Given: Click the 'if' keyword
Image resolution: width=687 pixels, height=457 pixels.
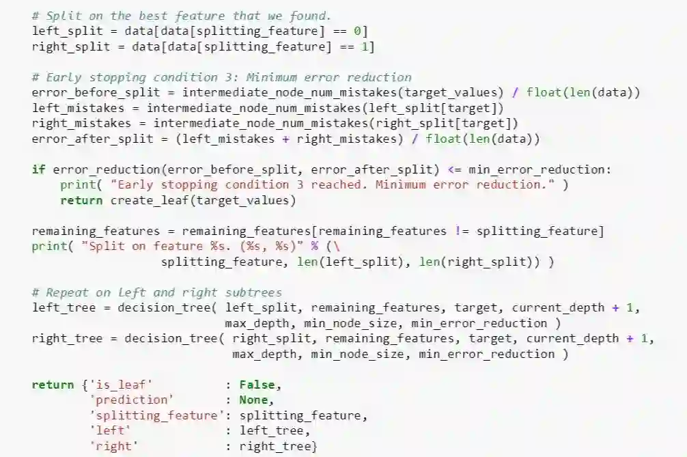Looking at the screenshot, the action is [x=38, y=169].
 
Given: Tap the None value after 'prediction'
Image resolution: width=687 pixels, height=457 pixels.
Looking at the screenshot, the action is [x=253, y=400].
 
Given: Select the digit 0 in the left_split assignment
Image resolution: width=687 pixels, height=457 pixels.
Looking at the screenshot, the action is [x=361, y=31].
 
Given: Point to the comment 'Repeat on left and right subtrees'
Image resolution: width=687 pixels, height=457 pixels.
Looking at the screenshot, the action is [x=156, y=292].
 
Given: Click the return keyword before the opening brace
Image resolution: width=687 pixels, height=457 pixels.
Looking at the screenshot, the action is [x=53, y=385].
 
